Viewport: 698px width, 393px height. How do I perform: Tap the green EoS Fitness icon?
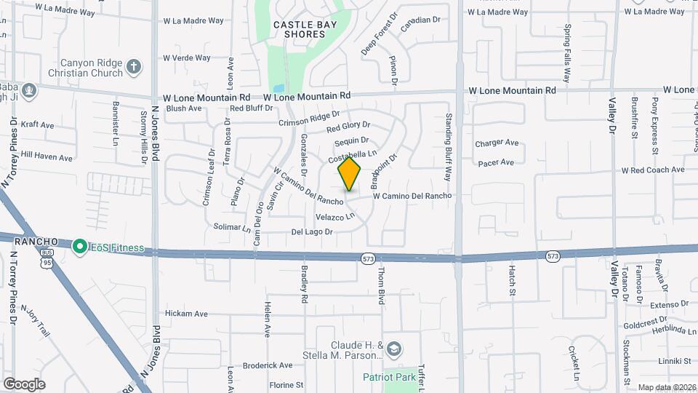(x=79, y=247)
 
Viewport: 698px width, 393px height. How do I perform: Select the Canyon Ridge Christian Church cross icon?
(x=133, y=68)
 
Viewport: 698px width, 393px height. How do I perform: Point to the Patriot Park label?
(x=390, y=377)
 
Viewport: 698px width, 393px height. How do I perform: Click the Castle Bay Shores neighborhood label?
(x=299, y=29)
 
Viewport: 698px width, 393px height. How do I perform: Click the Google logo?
(x=24, y=384)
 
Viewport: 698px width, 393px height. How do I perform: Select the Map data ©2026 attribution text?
(x=666, y=387)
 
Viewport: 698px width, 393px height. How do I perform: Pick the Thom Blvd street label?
(x=380, y=285)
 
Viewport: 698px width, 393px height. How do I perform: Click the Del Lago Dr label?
(x=312, y=232)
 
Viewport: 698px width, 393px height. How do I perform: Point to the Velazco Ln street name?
(x=335, y=217)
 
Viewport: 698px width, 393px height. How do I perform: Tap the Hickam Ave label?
(x=186, y=314)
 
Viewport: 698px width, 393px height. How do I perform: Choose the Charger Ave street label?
(x=497, y=143)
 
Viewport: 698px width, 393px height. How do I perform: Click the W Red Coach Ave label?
(x=652, y=170)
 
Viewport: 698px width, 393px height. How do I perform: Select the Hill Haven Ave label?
(x=47, y=156)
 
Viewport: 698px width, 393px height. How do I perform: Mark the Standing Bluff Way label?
(x=449, y=151)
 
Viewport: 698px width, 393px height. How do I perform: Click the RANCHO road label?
(x=36, y=241)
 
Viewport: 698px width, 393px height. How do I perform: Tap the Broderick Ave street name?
(x=267, y=365)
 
